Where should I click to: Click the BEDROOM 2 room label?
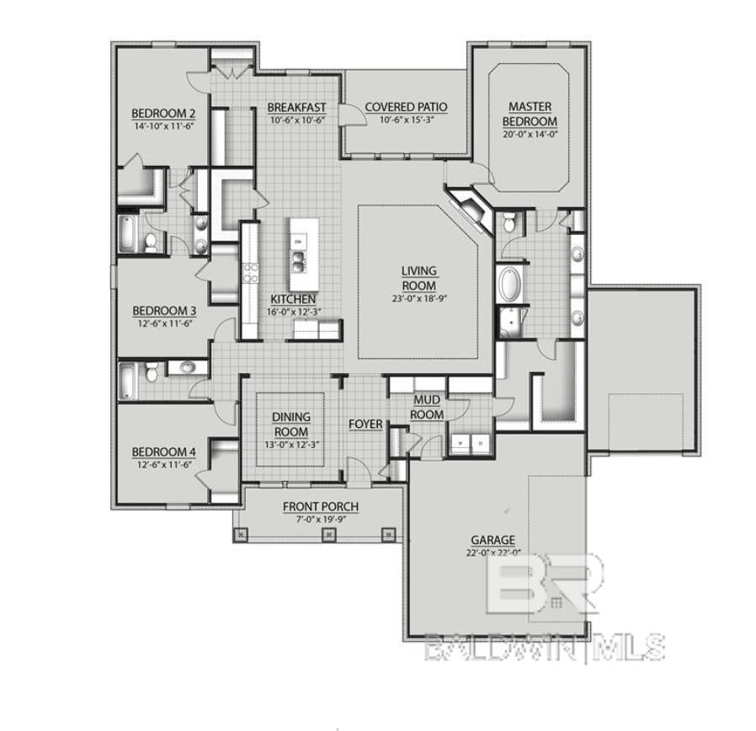pos(163,114)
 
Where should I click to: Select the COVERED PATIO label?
pos(406,107)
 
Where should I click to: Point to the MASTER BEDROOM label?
pos(530,114)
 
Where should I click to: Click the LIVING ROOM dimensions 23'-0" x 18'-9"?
pos(418,297)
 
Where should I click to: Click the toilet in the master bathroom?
pos(508,222)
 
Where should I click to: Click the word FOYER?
pos(365,424)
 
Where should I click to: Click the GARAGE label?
pos(493,540)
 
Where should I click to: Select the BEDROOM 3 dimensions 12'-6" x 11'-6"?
pos(164,322)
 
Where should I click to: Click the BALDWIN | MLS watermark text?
pos(544,647)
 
